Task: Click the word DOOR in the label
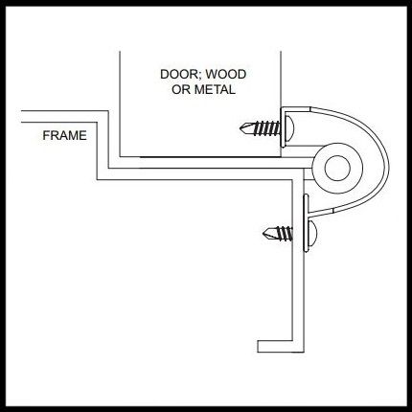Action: click(178, 75)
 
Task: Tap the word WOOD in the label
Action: click(226, 75)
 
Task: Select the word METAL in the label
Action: click(215, 90)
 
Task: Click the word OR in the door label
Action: click(181, 90)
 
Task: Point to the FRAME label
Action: click(64, 136)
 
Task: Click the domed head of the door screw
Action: click(289, 127)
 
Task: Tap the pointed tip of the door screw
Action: click(241, 128)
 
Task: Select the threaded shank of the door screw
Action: click(267, 128)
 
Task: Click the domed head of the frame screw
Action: click(313, 234)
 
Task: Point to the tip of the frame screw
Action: click(264, 234)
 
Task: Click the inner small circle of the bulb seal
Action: click(337, 169)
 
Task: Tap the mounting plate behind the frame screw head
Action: click(307, 222)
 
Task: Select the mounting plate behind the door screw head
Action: click(283, 127)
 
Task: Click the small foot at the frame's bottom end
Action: click(275, 346)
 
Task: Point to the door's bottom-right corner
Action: click(281, 157)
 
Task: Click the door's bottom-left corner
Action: click(120, 157)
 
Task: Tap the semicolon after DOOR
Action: click(200, 76)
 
